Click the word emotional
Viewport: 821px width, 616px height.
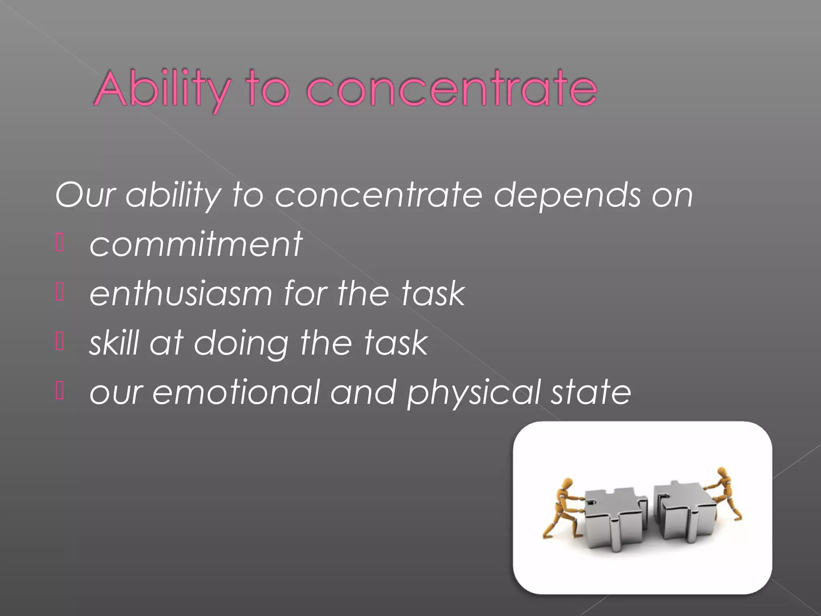point(236,392)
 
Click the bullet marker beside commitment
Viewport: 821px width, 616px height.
point(60,243)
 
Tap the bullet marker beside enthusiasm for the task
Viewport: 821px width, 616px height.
point(60,293)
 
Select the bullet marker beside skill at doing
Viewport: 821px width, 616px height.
point(60,342)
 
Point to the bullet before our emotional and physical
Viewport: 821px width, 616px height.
point(60,391)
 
